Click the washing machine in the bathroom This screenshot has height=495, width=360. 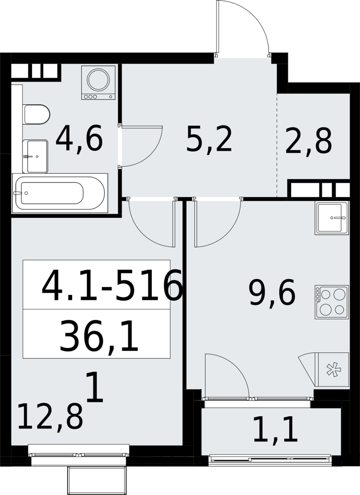[x=97, y=83]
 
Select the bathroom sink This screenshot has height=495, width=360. [x=35, y=156]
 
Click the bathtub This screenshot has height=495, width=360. [x=60, y=193]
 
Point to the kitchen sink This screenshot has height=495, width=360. [x=332, y=218]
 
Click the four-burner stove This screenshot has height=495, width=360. [x=332, y=302]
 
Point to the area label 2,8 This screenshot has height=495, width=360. [x=309, y=142]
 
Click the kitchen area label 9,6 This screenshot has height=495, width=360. [x=272, y=293]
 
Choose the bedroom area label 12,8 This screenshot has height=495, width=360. [x=51, y=417]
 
